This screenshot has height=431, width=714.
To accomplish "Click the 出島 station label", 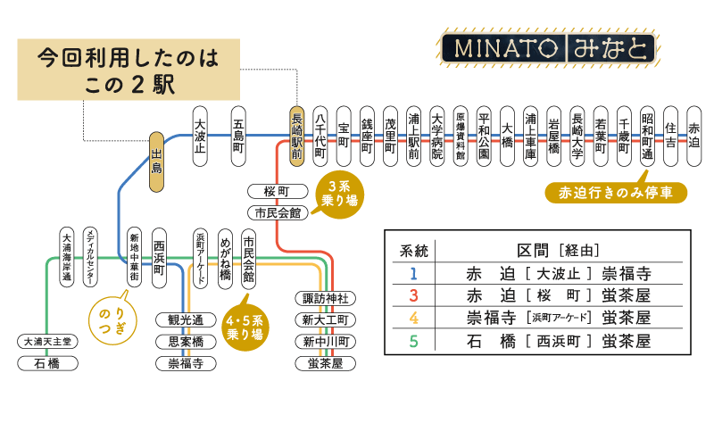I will [157, 162].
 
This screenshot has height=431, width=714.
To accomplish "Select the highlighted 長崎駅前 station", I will [297, 136].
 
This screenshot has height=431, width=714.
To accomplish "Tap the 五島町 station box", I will [238, 136].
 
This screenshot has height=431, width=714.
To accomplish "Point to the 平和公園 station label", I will [484, 136].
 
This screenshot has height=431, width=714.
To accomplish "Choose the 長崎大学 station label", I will [577, 136].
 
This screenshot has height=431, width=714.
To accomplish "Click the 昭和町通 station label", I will [647, 136].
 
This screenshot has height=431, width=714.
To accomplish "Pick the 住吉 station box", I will [670, 136].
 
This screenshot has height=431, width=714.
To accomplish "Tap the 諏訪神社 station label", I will [325, 298].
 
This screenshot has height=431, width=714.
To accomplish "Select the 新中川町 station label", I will [325, 342].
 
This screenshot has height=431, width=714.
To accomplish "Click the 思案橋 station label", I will [186, 342].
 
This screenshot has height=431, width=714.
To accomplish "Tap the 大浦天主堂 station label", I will [52, 342].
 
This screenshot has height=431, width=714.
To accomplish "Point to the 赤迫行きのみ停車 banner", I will [615, 193].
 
